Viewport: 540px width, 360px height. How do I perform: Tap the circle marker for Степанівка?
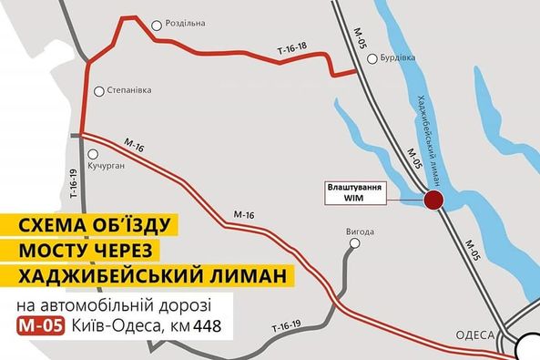[x=97, y=89]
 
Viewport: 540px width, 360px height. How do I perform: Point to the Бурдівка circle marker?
[x=372, y=60]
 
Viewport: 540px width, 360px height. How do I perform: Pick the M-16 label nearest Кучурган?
[x=135, y=145]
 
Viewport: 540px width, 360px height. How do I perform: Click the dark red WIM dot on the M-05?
[x=434, y=201]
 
